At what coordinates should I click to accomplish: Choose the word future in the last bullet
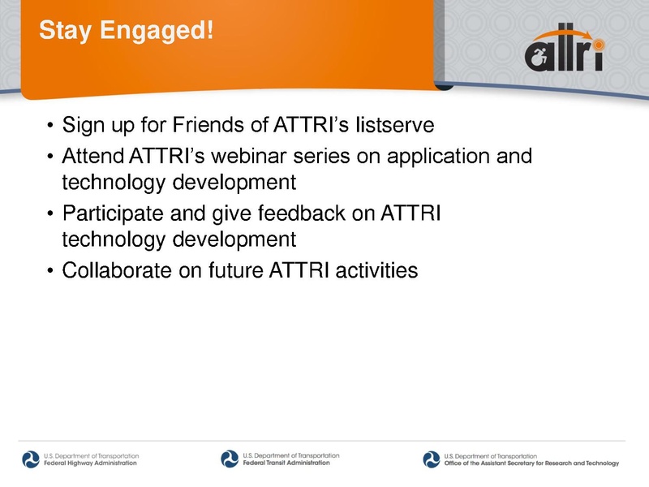[245, 270]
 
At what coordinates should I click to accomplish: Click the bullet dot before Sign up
[50, 127]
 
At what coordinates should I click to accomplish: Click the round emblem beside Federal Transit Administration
[230, 459]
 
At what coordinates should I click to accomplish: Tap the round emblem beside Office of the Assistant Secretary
[431, 459]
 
